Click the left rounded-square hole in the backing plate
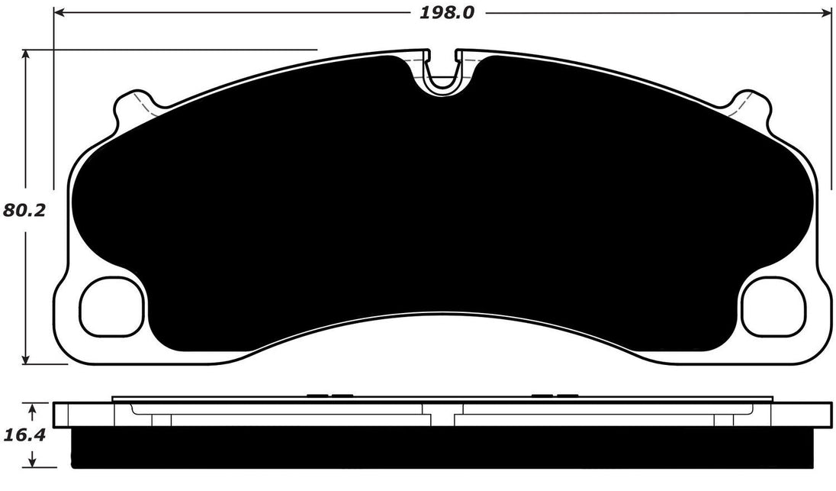coord(111,306)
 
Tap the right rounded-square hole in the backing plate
coord(773,306)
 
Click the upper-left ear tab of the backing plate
coord(131,105)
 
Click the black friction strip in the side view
coord(442,447)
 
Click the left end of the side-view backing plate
coord(61,414)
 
